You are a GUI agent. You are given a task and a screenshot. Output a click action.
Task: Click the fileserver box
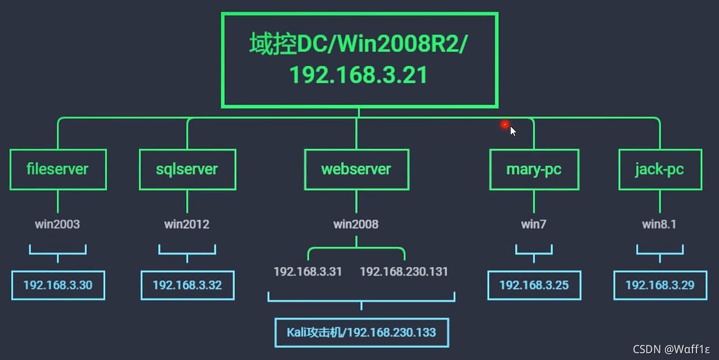pyautogui.click(x=57, y=169)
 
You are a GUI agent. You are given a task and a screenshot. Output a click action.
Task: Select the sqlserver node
pyautogui.click(x=187, y=169)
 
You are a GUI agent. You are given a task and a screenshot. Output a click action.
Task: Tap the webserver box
pyautogui.click(x=356, y=169)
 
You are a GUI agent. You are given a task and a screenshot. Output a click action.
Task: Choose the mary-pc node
pyautogui.click(x=534, y=169)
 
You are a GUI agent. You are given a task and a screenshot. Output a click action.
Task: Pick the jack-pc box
pyautogui.click(x=659, y=169)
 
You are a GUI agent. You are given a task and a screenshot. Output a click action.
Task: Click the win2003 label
pyautogui.click(x=57, y=224)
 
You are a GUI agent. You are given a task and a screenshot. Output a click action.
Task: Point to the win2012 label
pyautogui.click(x=187, y=224)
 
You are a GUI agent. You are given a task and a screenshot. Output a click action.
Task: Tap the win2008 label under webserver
pyautogui.click(x=356, y=224)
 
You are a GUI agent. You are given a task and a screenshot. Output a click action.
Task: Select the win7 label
pyautogui.click(x=534, y=224)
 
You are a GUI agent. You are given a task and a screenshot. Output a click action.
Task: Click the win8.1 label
pyautogui.click(x=659, y=224)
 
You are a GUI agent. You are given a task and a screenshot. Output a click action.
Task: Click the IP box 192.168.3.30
pyautogui.click(x=58, y=285)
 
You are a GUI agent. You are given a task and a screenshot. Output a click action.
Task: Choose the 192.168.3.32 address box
pyautogui.click(x=187, y=285)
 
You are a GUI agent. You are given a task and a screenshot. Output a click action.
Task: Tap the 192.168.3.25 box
pyautogui.click(x=534, y=285)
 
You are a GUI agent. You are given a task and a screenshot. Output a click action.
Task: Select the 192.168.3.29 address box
pyautogui.click(x=659, y=285)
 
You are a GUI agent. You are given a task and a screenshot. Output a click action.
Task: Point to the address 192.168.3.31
pyautogui.click(x=308, y=272)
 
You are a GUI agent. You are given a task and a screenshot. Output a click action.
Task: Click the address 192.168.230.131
pyautogui.click(x=404, y=272)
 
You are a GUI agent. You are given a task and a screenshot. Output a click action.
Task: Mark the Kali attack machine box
pyautogui.click(x=361, y=332)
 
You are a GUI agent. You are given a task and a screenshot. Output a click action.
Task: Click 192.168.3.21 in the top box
pyautogui.click(x=359, y=75)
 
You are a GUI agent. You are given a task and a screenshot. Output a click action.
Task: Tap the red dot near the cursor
pyautogui.click(x=505, y=125)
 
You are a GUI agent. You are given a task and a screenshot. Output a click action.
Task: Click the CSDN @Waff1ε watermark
pyautogui.click(x=671, y=349)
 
